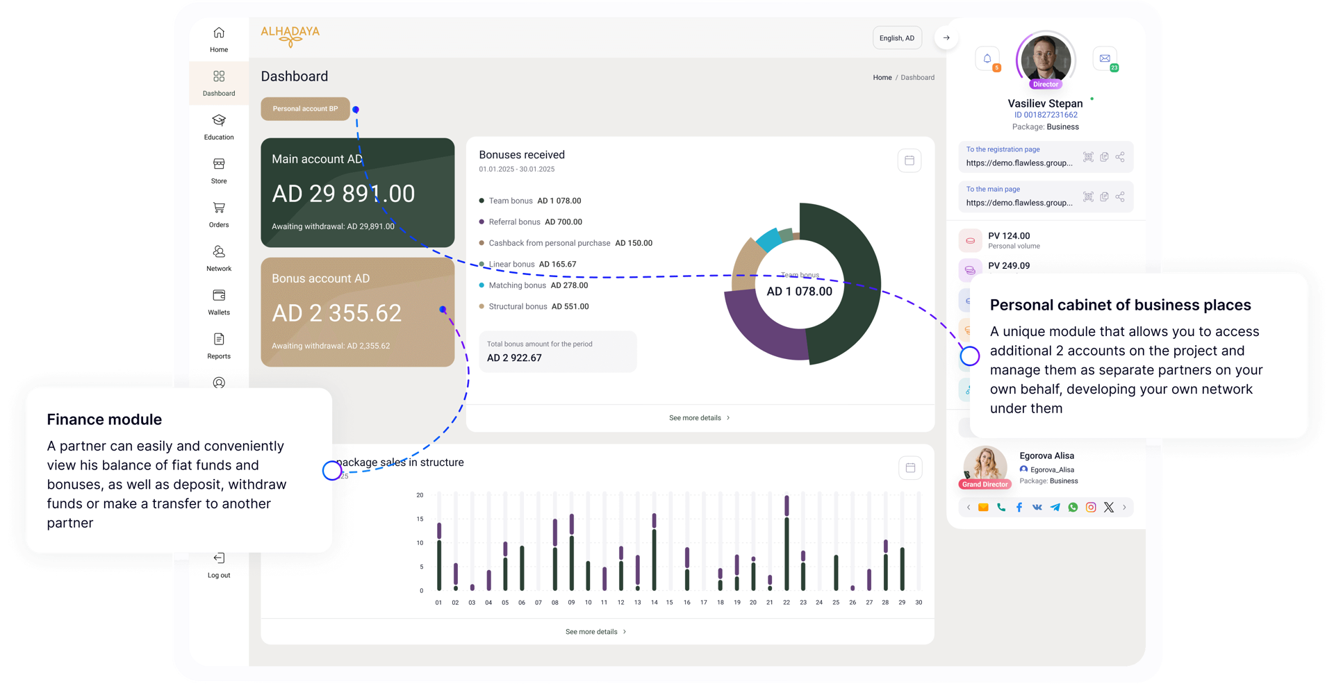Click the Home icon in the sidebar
point(219,33)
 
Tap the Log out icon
point(219,558)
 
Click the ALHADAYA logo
point(290,35)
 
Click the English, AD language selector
point(897,38)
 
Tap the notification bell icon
point(987,59)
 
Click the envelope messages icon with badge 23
point(1104,59)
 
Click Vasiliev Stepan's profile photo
point(1046,59)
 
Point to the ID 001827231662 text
point(1046,115)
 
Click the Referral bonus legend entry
point(535,222)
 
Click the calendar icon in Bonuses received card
point(909,161)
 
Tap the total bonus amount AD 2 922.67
point(514,358)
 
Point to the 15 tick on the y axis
point(420,519)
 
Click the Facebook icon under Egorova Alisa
point(1019,508)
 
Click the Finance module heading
point(104,419)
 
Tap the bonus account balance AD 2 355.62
point(337,313)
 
